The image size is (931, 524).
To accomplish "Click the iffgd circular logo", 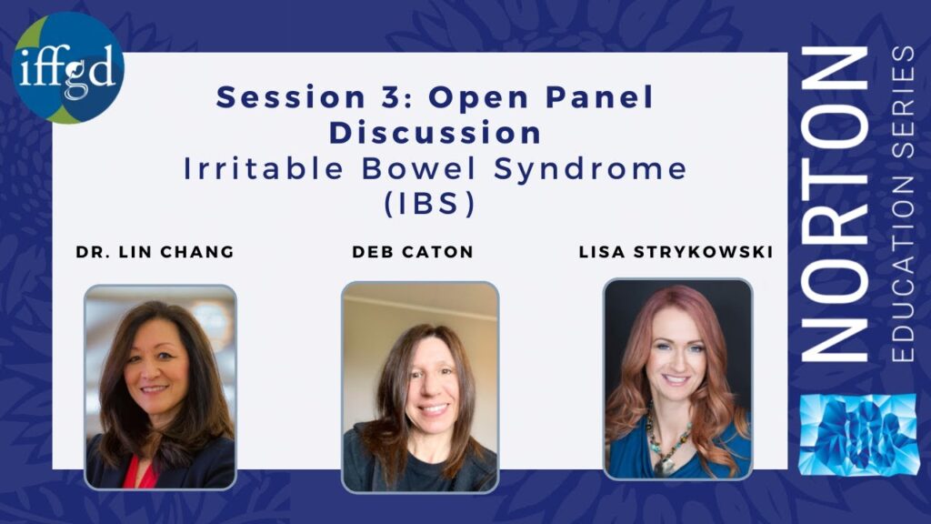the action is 67,67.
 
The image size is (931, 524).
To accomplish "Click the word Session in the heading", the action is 291,96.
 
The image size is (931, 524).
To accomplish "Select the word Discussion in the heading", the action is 435,133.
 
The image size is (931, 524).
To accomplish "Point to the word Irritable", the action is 264,168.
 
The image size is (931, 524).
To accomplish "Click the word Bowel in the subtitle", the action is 419,168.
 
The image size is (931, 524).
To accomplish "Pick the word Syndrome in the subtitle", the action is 591,169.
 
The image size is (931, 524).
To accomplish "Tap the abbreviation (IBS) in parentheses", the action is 430,204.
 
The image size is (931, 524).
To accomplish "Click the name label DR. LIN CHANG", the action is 155,252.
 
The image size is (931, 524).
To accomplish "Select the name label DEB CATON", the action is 413,252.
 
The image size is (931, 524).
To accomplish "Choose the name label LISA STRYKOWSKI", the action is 676,252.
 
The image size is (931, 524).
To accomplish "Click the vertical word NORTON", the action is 835,204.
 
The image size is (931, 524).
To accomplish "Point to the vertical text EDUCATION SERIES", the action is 903,204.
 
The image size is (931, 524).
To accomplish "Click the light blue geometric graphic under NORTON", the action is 858,435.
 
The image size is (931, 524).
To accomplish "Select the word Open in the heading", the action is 478,98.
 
